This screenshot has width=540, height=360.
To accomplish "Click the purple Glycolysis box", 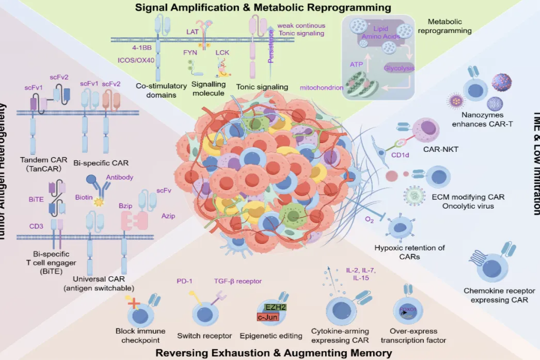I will coord(400,68).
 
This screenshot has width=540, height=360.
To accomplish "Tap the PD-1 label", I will coord(184,281).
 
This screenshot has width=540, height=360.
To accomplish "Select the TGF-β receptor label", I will coord(238,281).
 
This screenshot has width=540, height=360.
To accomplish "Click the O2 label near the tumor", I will coord(369,220).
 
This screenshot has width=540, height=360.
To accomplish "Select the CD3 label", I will coord(37,225).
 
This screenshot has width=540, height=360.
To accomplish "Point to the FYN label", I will coord(190,52).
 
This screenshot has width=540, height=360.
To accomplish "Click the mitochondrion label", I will coord(322,88).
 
